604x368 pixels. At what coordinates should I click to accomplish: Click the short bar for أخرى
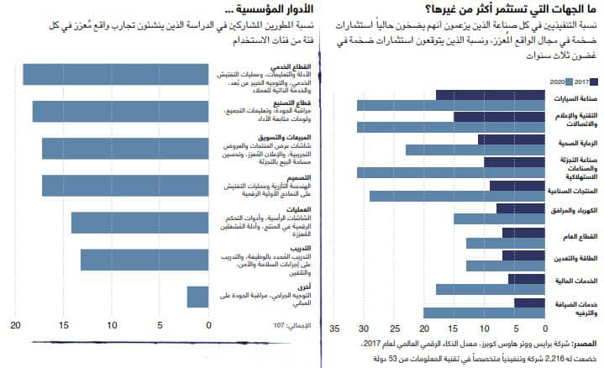[x=197, y=297]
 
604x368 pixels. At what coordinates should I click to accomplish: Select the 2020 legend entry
[x=557, y=81]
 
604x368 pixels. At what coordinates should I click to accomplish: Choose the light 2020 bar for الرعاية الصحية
[x=459, y=150]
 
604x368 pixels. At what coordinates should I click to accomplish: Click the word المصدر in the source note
[x=585, y=344]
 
